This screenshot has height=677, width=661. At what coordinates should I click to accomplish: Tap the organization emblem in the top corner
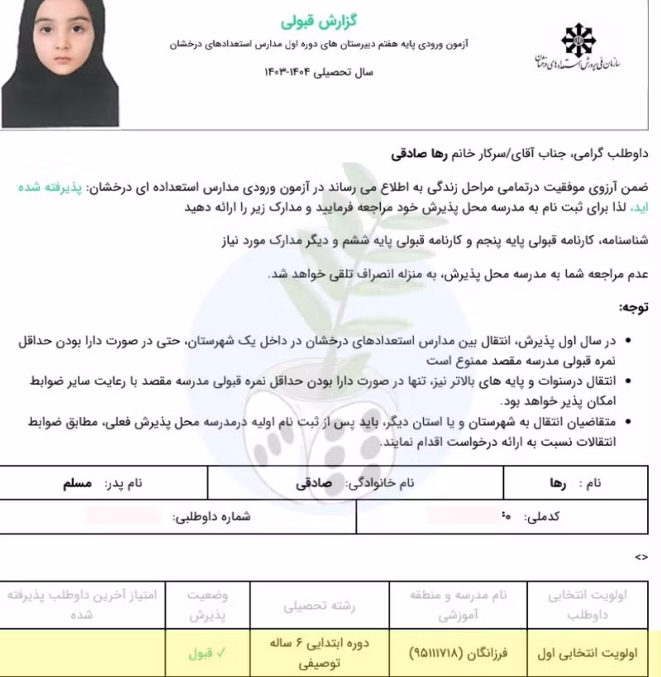578,39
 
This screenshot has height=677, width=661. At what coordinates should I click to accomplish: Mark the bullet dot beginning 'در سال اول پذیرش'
631,339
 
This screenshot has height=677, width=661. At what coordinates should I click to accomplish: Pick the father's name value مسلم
78,484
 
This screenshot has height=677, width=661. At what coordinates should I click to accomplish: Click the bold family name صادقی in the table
313,484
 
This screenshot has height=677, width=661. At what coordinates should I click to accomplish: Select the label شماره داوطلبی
212,516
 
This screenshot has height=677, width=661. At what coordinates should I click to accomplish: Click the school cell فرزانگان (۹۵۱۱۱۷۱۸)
459,652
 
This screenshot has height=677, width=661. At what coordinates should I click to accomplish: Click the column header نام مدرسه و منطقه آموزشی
459,604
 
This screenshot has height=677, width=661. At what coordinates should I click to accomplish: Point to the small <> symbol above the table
641,557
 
